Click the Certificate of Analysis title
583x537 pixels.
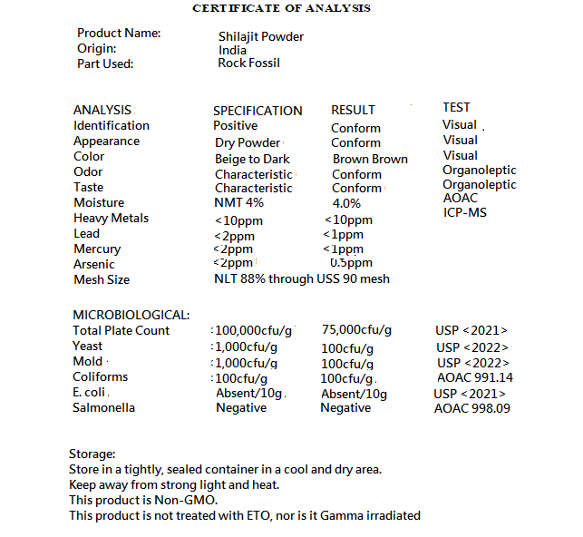[x=281, y=8]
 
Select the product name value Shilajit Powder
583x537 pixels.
[x=261, y=36]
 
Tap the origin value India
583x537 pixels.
[x=232, y=50]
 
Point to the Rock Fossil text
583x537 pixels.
[x=249, y=63]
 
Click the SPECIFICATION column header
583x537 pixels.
[x=257, y=111]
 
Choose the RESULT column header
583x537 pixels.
[x=353, y=111]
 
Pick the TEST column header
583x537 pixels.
[x=456, y=107]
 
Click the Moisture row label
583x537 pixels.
[x=99, y=202]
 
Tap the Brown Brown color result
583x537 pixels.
[x=370, y=159]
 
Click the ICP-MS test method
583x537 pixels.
[x=465, y=212]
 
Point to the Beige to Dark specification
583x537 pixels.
[x=252, y=159]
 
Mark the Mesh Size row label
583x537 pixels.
[x=102, y=279]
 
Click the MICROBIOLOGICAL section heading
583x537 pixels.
[x=131, y=315]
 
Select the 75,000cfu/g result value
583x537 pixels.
[x=357, y=330]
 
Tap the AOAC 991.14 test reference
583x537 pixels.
[x=475, y=377]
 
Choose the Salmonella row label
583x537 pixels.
[x=104, y=407]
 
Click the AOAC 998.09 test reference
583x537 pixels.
[x=472, y=408]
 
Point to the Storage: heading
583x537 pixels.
[x=92, y=454]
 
